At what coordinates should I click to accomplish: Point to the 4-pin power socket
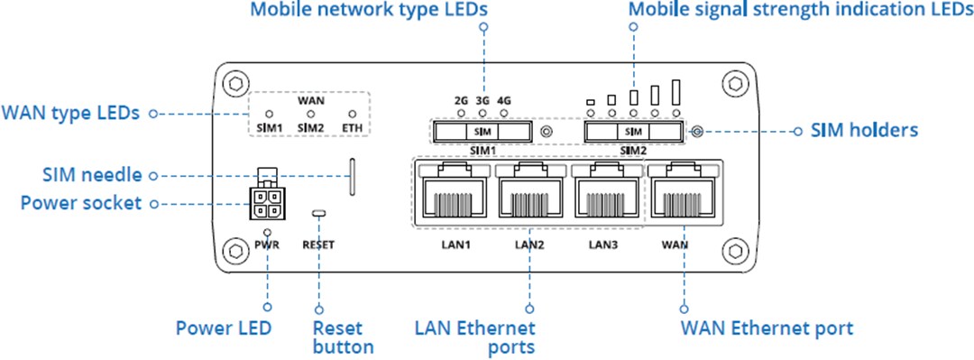(x=268, y=204)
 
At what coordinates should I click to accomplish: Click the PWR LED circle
(x=268, y=232)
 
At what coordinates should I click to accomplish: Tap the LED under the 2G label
(x=462, y=114)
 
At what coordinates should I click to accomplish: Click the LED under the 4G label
(x=504, y=114)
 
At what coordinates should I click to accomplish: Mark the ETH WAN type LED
(x=353, y=115)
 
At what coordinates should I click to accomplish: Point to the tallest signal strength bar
(x=675, y=92)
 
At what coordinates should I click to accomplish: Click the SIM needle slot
(x=351, y=177)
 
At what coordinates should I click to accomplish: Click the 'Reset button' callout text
(x=343, y=337)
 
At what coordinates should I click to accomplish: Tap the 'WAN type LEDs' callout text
(x=70, y=114)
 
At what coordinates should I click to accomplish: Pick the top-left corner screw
(x=234, y=82)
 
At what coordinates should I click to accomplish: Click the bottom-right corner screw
(x=738, y=249)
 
